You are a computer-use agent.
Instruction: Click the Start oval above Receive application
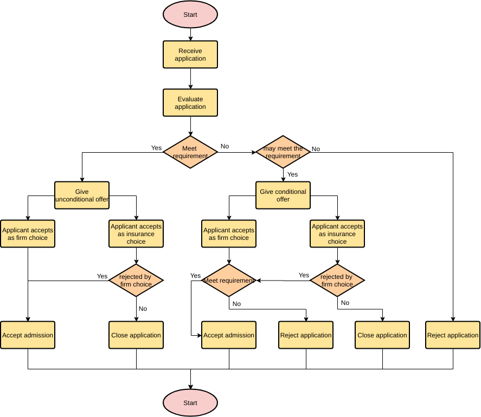(190, 15)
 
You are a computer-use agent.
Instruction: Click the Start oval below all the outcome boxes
(190, 403)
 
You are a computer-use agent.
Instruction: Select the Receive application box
(190, 55)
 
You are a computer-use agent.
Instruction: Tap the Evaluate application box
(190, 103)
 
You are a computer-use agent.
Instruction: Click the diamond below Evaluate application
(190, 152)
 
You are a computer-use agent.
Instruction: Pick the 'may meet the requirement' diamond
(283, 152)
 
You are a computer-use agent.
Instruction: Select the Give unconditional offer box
(82, 196)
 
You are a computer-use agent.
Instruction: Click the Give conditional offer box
(283, 196)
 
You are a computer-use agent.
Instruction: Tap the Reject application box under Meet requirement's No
(306, 335)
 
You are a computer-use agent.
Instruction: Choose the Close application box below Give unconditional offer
(136, 335)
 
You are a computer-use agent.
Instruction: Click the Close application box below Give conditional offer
(382, 335)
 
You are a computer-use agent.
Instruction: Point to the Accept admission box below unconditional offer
(28, 335)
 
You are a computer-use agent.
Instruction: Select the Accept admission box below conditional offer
(229, 335)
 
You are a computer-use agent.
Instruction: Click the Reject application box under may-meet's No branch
(453, 335)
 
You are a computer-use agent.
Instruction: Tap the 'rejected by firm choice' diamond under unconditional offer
(136, 281)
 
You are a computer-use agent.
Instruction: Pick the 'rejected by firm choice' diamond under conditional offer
(337, 281)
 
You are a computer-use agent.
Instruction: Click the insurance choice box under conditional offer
(337, 234)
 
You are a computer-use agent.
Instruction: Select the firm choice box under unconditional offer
(28, 234)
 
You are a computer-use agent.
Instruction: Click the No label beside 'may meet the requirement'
(316, 149)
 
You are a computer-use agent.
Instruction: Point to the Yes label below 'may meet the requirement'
(292, 174)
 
